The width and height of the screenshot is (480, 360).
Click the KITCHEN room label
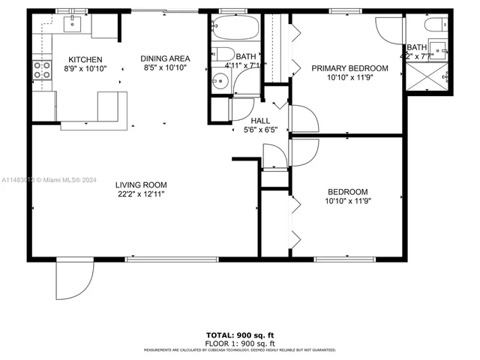click(x=85, y=59)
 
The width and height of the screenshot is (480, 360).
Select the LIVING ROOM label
click(x=140, y=184)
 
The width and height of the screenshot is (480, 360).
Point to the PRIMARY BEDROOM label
click(x=349, y=68)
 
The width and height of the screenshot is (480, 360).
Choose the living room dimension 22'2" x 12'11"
click(x=140, y=194)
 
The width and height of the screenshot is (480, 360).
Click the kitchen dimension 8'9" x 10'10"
click(x=85, y=68)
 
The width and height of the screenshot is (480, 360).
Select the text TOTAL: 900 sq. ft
click(x=239, y=334)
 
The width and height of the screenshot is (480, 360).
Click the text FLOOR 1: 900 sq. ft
click(x=239, y=342)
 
